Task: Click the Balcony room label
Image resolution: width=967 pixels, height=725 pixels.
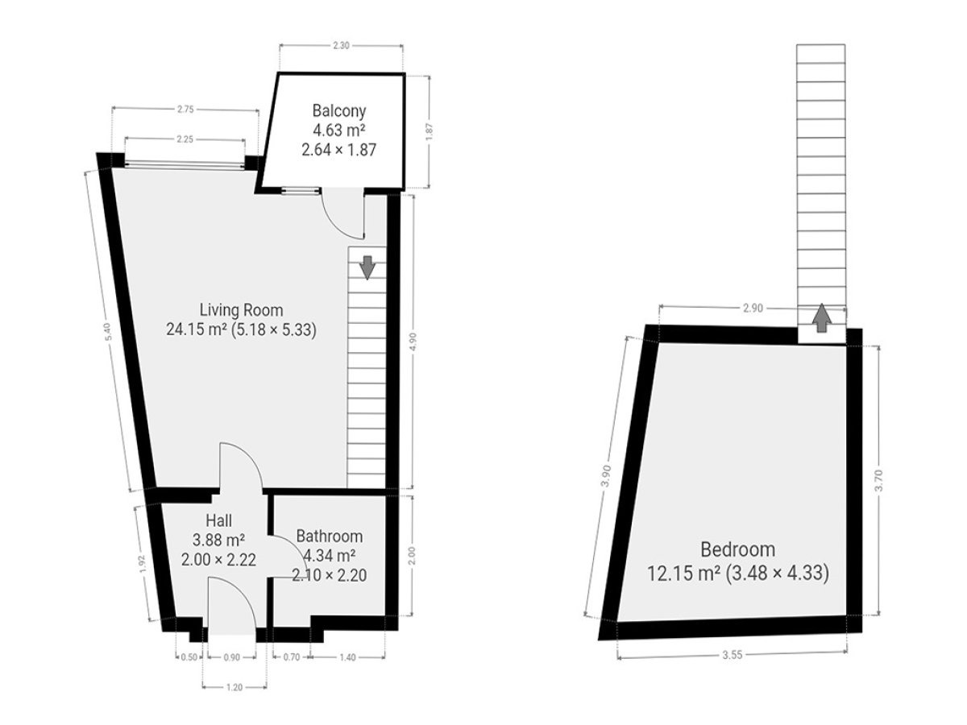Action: pyautogui.click(x=338, y=111)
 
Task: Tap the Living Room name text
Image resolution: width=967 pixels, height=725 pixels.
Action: pyautogui.click(x=242, y=310)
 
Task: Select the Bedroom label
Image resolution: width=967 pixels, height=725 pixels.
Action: pyautogui.click(x=737, y=550)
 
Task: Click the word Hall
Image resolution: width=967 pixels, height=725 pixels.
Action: pyautogui.click(x=218, y=520)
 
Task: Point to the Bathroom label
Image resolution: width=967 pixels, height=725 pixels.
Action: pyautogui.click(x=329, y=536)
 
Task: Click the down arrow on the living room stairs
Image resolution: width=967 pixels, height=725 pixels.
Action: pyautogui.click(x=367, y=267)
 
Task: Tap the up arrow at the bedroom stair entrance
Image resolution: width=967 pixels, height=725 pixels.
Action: pyautogui.click(x=822, y=318)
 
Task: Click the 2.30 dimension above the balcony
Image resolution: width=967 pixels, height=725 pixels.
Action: pyautogui.click(x=341, y=45)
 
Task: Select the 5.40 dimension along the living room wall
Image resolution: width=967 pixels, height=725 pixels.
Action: pyautogui.click(x=108, y=331)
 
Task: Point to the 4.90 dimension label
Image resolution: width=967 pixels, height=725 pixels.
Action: pyautogui.click(x=413, y=341)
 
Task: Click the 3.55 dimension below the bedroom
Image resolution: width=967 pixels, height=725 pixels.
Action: pyautogui.click(x=733, y=656)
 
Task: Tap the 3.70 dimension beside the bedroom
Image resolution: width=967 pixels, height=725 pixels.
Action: pyautogui.click(x=878, y=480)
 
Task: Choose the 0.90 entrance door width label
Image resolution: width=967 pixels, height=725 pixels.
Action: pyautogui.click(x=232, y=657)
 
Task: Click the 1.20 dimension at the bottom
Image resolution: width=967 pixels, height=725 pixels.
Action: pyautogui.click(x=234, y=687)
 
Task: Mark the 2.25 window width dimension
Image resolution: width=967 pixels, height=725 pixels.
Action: pyautogui.click(x=185, y=139)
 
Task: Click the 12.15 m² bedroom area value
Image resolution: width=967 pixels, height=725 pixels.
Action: pyautogui.click(x=683, y=574)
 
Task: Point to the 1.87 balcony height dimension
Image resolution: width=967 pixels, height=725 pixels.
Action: pyautogui.click(x=430, y=131)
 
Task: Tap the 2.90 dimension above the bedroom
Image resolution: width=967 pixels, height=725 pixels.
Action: pyautogui.click(x=753, y=309)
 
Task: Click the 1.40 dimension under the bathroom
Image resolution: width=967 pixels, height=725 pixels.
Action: pyautogui.click(x=347, y=657)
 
